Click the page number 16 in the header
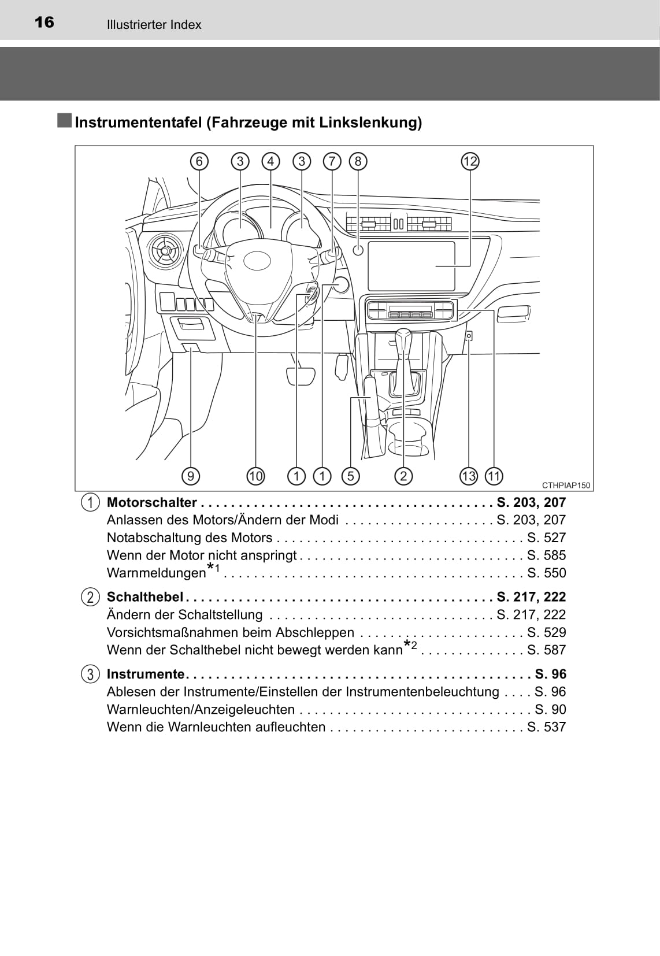[44, 23]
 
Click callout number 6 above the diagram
[199, 161]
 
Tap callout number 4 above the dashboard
[270, 161]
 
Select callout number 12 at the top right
[470, 161]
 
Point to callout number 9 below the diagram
[190, 476]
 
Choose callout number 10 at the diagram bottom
[255, 476]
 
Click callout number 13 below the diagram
[468, 476]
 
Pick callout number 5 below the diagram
[350, 476]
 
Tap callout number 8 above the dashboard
[358, 161]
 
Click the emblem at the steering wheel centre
[257, 261]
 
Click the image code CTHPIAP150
[566, 486]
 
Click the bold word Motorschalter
[152, 503]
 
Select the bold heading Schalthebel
[145, 597]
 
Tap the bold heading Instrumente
[146, 674]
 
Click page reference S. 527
[546, 538]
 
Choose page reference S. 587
[546, 650]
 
